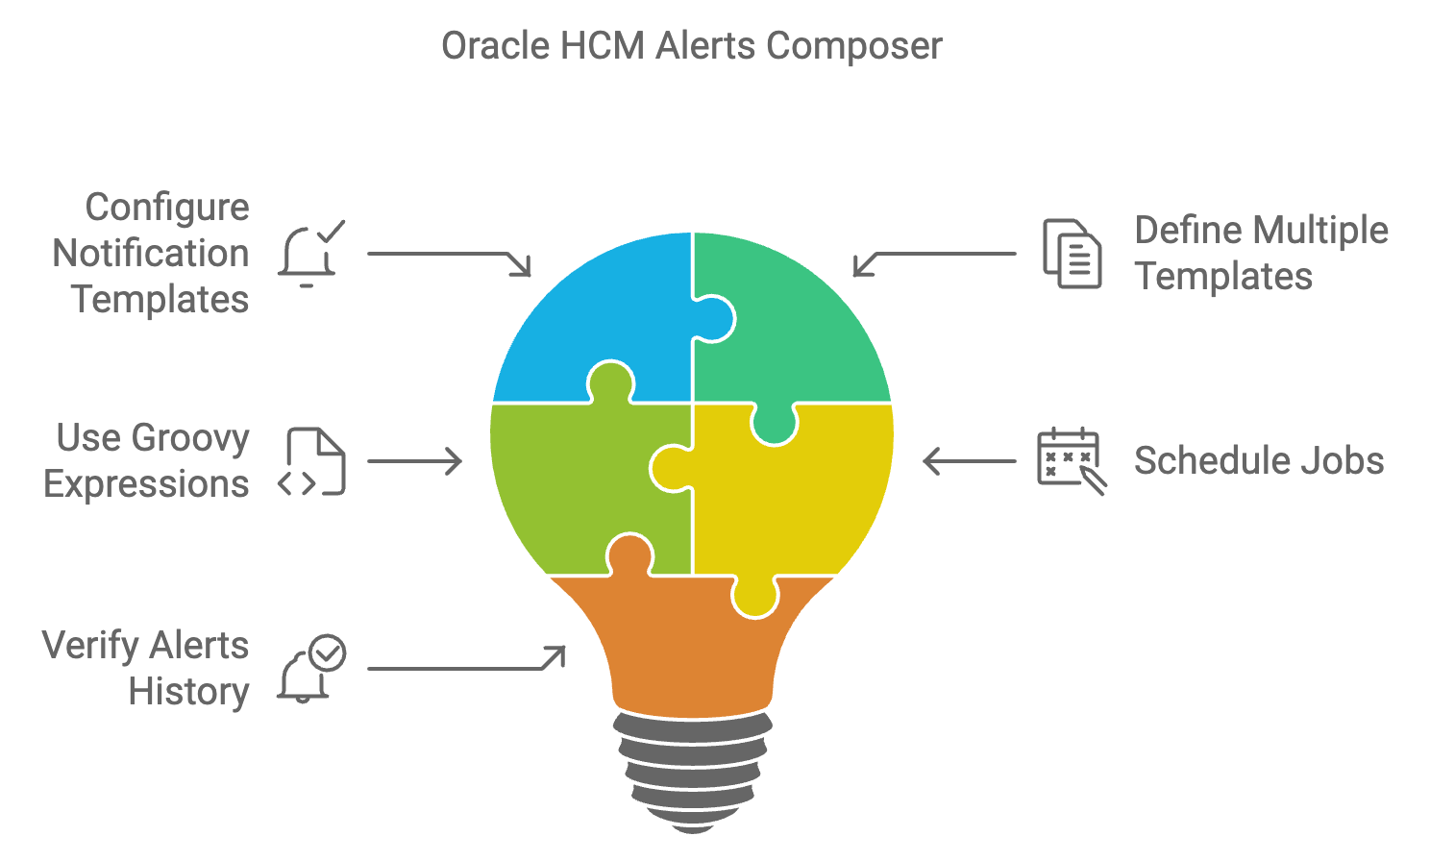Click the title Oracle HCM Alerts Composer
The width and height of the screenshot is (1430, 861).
691,46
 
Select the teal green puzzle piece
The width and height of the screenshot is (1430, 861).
798,327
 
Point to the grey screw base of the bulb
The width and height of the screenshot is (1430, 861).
693,769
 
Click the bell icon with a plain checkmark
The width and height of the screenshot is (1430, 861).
310,255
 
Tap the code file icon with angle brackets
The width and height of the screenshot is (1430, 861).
311,462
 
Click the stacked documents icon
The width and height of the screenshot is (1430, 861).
1072,254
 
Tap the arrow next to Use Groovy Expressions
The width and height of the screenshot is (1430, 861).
414,461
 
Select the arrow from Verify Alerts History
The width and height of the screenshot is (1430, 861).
466,663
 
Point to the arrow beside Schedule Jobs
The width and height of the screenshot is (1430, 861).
969,461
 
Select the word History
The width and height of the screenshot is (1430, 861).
188,692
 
